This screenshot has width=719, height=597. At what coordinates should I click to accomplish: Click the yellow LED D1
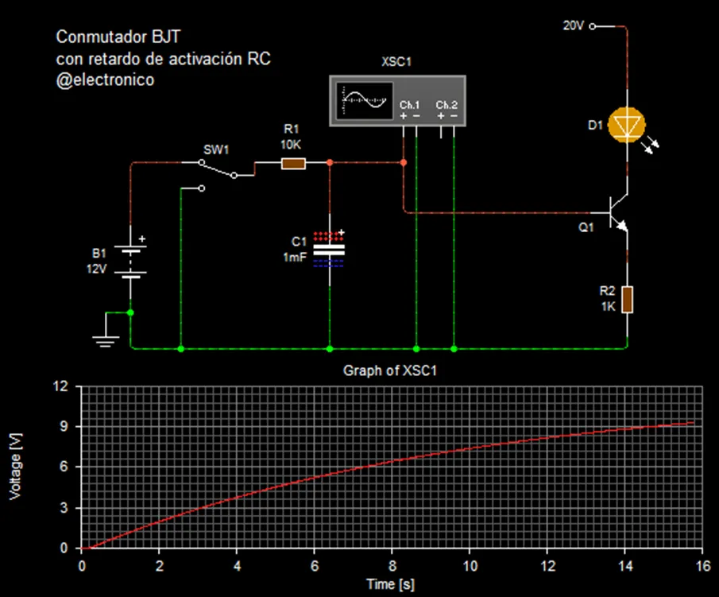[627, 125]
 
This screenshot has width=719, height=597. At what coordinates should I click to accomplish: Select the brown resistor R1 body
[293, 163]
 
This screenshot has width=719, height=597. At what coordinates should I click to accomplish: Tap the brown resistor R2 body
[627, 300]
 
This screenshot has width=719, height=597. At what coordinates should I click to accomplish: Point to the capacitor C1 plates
[329, 250]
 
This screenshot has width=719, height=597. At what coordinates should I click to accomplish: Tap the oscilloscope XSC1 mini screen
[363, 99]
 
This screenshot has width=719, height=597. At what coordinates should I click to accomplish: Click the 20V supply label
[574, 25]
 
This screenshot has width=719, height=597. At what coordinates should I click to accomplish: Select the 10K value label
[291, 144]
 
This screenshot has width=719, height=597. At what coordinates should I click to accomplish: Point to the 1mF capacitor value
[295, 257]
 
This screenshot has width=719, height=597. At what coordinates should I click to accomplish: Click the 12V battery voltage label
[95, 269]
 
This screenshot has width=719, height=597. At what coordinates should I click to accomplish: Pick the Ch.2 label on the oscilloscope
[446, 105]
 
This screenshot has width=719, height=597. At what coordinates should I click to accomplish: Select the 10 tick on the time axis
[470, 564]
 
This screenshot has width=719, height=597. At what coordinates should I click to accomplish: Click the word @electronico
[105, 79]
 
